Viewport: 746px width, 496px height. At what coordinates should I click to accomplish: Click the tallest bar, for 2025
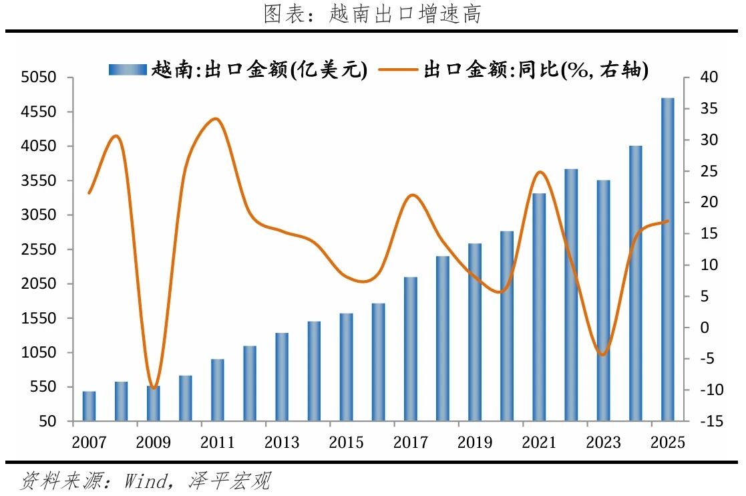click(667, 259)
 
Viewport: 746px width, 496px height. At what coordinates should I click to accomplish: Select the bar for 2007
click(89, 406)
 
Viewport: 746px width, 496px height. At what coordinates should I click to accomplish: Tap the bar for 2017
click(411, 349)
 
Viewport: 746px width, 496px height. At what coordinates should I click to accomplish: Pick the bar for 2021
click(539, 307)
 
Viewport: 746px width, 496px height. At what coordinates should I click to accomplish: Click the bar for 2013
click(282, 377)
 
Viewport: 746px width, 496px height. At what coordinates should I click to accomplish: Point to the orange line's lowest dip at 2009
click(153, 388)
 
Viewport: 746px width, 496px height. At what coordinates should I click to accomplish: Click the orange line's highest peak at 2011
click(216, 119)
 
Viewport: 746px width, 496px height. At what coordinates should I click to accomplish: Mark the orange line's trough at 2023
click(603, 354)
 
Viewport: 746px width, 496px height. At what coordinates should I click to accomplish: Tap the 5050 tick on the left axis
click(39, 77)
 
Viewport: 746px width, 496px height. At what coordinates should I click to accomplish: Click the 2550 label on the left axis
click(39, 249)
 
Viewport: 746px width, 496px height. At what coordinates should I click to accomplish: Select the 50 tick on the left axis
click(47, 421)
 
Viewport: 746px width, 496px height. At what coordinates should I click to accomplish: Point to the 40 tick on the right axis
click(709, 77)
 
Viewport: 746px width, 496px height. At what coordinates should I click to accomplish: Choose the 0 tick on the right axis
click(705, 328)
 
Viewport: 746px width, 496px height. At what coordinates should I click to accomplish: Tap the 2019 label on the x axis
click(475, 443)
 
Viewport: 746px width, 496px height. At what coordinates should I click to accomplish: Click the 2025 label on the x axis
click(667, 443)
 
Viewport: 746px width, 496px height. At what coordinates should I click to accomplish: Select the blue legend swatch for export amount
click(128, 70)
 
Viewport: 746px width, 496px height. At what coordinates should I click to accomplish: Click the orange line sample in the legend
click(398, 70)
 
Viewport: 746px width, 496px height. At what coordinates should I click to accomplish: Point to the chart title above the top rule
click(372, 13)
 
